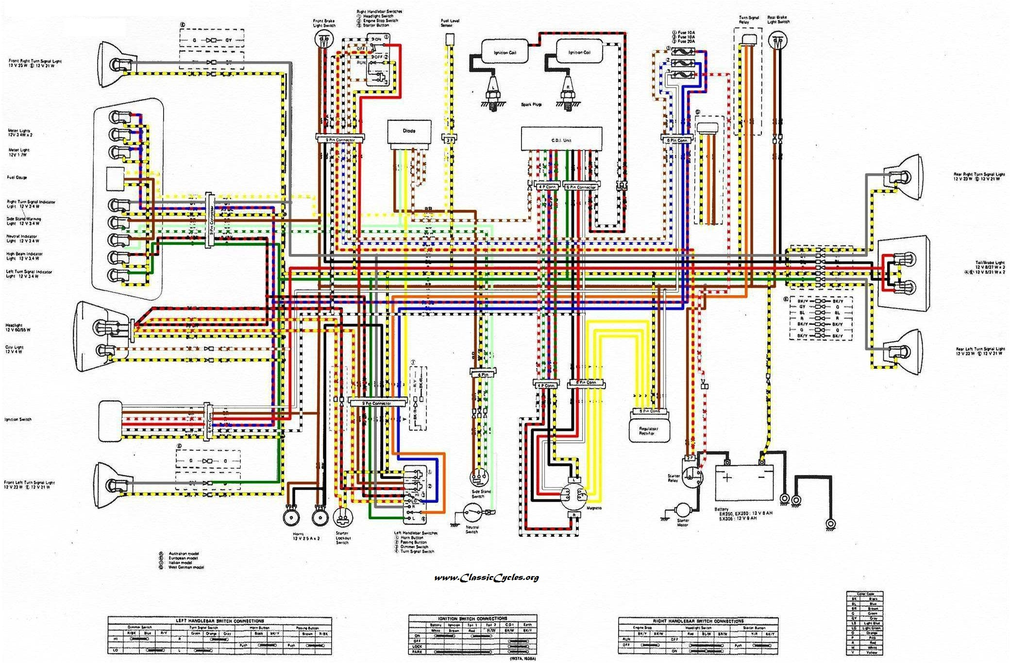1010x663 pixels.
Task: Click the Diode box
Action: point(409,132)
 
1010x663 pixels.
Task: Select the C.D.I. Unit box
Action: point(561,139)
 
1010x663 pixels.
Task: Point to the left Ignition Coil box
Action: point(505,52)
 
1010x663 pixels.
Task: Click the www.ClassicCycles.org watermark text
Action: point(486,578)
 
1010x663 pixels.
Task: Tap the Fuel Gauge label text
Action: point(17,177)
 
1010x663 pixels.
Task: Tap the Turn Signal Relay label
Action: point(748,20)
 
